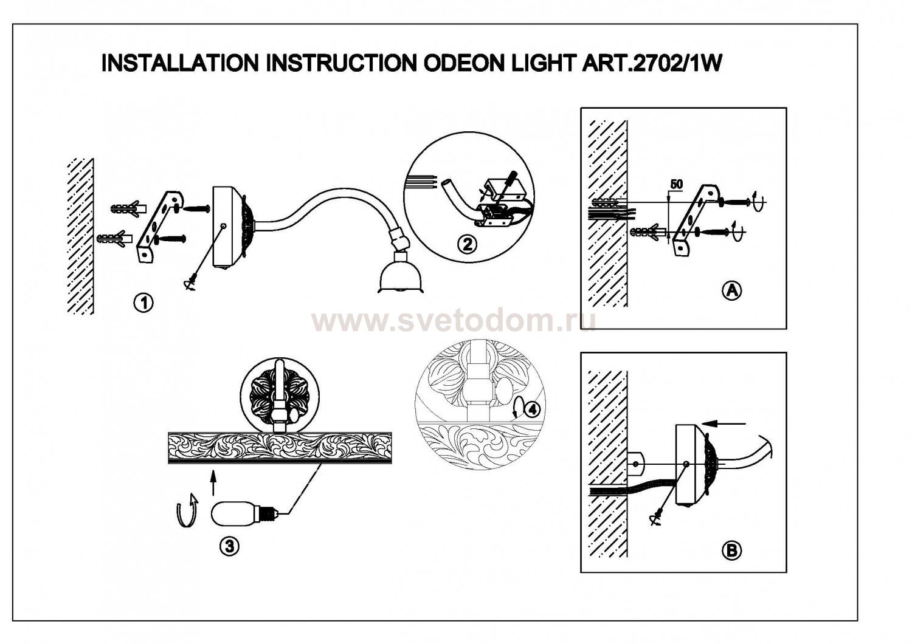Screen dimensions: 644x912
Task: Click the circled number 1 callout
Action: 144,303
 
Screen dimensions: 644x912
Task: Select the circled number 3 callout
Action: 229,546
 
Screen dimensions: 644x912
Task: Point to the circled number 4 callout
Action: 531,409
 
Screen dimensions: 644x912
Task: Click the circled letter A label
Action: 731,290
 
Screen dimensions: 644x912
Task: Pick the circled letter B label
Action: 731,550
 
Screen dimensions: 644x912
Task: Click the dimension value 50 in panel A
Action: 675,183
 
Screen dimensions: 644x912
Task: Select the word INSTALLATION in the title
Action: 179,63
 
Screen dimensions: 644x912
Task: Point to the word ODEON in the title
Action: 454,63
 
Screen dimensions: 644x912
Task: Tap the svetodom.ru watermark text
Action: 453,320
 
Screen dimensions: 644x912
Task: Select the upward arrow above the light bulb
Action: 213,484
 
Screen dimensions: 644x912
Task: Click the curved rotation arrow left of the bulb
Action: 187,510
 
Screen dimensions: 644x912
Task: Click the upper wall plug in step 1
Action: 130,208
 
